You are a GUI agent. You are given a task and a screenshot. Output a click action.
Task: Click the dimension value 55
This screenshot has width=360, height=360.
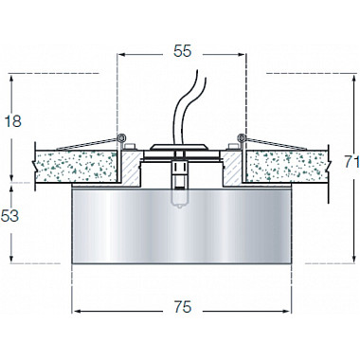click(x=183, y=51)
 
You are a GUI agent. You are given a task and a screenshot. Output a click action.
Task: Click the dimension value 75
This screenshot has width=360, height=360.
click(x=183, y=307)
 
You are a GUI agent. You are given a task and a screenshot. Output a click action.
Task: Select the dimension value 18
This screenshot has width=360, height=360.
click(x=13, y=121)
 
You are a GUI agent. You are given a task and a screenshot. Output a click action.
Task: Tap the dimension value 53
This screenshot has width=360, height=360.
click(x=9, y=216)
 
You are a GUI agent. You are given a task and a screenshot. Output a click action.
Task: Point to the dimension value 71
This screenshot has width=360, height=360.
click(x=351, y=162)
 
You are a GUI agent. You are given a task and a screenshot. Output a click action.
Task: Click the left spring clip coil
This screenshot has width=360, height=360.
click(x=121, y=137)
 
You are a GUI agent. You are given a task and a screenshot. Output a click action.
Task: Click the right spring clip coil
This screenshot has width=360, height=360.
click(x=242, y=137)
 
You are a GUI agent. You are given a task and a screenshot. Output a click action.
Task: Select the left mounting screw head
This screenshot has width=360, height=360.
click(x=130, y=147)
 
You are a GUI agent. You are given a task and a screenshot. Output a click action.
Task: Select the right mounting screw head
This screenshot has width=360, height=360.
click(x=233, y=147)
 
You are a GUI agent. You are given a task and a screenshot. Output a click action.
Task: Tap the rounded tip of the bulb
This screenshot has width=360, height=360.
click(x=179, y=207)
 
